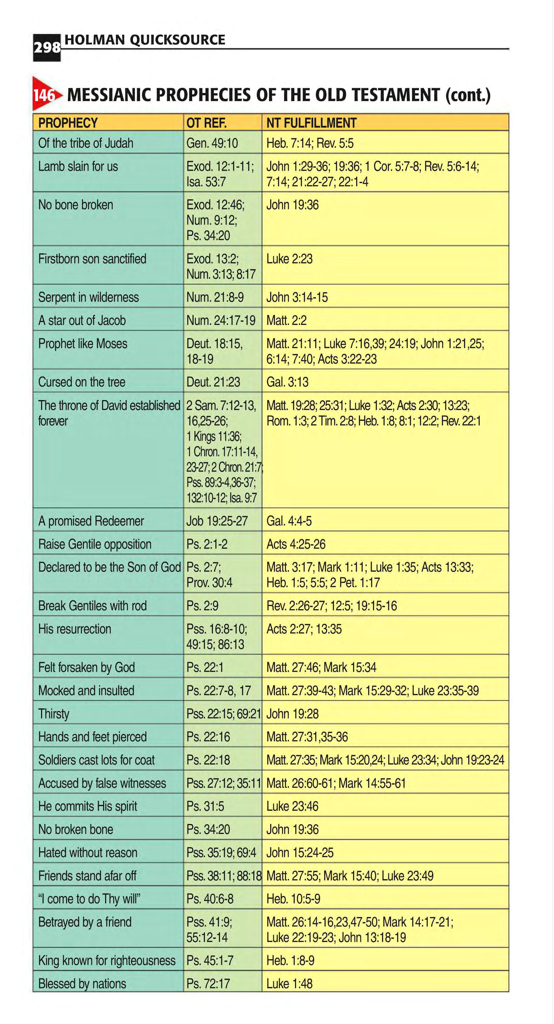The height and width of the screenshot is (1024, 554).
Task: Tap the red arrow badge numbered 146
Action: [45, 95]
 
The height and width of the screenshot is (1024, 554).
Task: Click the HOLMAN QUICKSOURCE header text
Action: [145, 40]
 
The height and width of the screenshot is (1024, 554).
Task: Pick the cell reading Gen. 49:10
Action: [212, 143]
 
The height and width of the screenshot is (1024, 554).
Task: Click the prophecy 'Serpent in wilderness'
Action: [88, 297]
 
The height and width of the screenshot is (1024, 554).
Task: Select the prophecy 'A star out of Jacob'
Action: [82, 320]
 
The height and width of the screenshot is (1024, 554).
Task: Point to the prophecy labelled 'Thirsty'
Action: [54, 714]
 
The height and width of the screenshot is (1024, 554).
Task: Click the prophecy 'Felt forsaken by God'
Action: [86, 667]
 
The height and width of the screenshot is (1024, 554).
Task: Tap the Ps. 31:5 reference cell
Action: [205, 806]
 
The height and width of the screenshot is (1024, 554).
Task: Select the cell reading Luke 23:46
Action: [292, 806]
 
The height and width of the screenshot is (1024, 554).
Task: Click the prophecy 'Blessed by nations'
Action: [82, 983]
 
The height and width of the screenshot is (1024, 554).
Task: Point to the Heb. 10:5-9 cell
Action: [293, 899]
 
